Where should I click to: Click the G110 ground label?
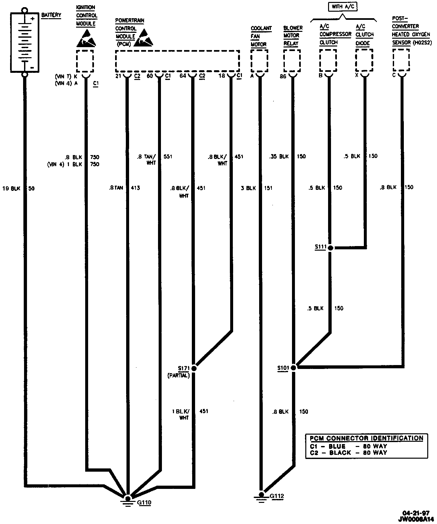(x=144, y=503)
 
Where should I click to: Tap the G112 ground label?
(x=277, y=496)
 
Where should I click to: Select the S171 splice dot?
(x=194, y=368)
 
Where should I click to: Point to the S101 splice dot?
(x=293, y=368)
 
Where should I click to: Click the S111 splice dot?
(x=330, y=248)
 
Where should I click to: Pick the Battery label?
(x=51, y=15)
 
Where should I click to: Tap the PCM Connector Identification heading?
(x=366, y=438)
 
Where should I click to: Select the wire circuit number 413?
(x=135, y=188)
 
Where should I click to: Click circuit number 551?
(x=168, y=157)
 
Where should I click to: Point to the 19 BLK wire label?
(x=11, y=188)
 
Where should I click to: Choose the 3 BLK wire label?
(x=248, y=188)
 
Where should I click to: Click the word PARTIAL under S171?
(x=179, y=375)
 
